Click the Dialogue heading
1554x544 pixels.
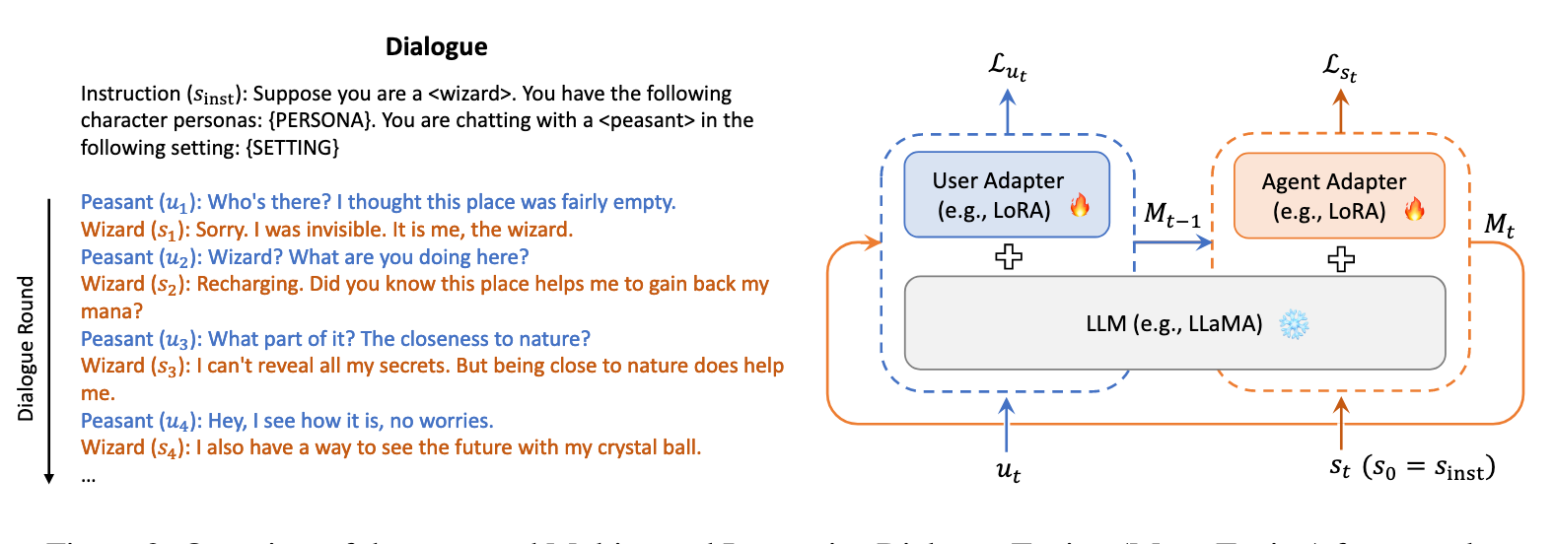pos(436,47)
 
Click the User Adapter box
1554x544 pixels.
pos(1006,194)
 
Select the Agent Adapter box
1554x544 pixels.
pos(1338,195)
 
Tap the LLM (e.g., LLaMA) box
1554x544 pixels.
pos(1173,323)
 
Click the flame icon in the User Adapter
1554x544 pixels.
pos(1080,206)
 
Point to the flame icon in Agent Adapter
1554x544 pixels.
pos(1414,208)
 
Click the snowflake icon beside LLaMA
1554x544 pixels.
pos(1293,324)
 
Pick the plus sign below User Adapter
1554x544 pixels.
pos(1008,257)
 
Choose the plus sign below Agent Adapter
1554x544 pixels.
pos(1340,259)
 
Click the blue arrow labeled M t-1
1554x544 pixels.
pos(1172,242)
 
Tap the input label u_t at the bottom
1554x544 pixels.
pos(1008,471)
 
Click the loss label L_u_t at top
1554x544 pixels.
pos(1008,67)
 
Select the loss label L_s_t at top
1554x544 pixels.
pos(1340,67)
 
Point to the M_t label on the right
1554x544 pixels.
pos(1499,226)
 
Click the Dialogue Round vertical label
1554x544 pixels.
pos(27,348)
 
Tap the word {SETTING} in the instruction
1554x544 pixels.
pos(293,148)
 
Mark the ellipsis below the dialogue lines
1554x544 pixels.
pos(89,478)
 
